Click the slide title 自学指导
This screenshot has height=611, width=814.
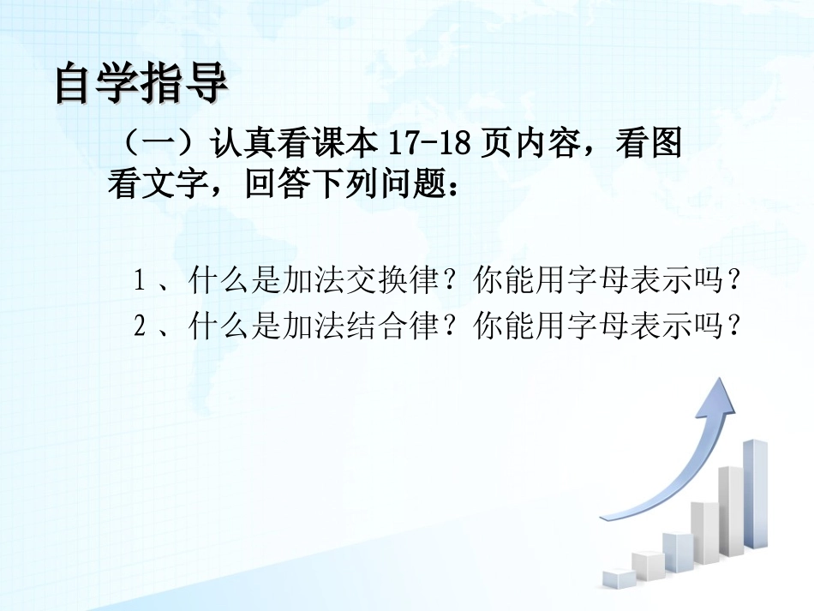[141, 83]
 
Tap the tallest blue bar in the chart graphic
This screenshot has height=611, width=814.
[755, 493]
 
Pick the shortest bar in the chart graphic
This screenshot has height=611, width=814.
[619, 578]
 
